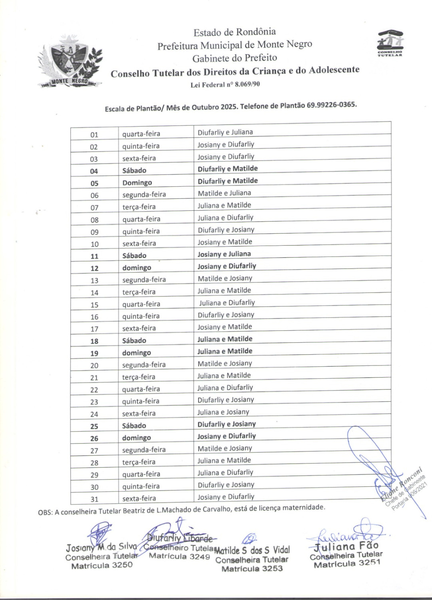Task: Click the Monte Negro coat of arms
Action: click(70, 62)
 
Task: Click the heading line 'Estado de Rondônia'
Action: click(235, 32)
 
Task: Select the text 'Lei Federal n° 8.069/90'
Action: click(226, 84)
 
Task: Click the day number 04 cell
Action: click(94, 171)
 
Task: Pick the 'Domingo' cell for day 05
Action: click(137, 183)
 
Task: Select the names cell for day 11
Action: click(224, 254)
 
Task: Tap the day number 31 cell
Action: click(94, 499)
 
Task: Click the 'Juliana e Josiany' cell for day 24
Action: click(223, 412)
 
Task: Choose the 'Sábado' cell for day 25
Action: click(134, 426)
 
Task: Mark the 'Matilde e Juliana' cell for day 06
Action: click(224, 193)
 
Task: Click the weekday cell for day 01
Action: click(141, 134)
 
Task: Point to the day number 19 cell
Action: click(94, 353)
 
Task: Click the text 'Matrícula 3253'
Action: click(252, 569)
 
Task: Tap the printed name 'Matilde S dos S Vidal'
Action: click(252, 551)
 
